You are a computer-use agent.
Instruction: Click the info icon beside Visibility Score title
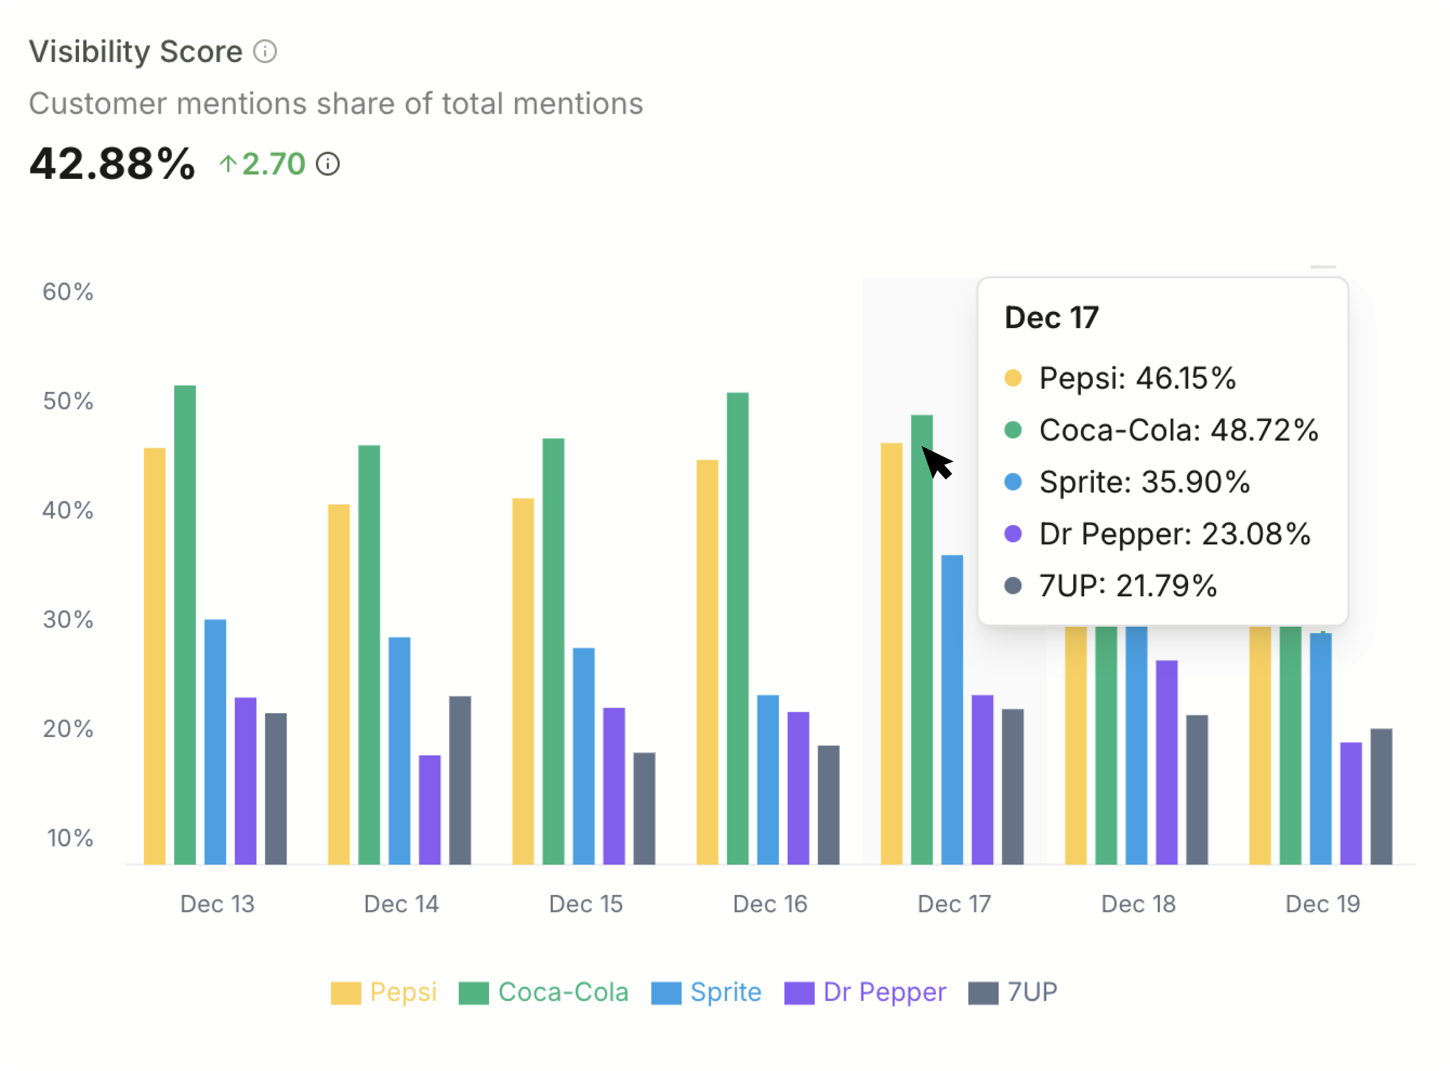264,51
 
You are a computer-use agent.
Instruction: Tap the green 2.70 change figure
273,164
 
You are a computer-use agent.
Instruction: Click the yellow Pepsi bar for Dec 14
338,684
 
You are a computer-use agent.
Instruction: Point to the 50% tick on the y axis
68,401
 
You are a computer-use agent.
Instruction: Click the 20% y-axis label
68,729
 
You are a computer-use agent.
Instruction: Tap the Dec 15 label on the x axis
586,904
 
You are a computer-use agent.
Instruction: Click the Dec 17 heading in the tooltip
1051,318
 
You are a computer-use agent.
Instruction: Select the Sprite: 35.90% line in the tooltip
1144,482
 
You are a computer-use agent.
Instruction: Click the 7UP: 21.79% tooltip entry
1127,586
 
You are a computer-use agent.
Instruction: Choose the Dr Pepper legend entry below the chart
866,992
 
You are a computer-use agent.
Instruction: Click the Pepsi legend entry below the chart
384,992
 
